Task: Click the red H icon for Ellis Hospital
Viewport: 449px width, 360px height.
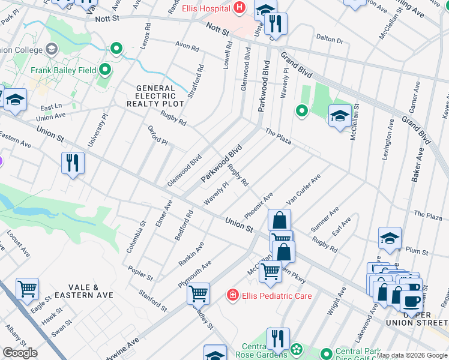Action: click(240, 9)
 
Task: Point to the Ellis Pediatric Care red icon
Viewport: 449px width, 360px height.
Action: click(232, 295)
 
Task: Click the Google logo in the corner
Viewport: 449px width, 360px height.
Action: click(20, 353)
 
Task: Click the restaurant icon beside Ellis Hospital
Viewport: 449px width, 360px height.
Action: click(276, 23)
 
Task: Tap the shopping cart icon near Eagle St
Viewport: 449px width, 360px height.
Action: click(28, 290)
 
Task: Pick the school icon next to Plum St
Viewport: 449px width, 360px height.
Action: click(390, 238)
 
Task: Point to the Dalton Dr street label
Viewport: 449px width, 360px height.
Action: click(331, 40)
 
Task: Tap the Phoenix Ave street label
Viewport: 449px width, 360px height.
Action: click(259, 206)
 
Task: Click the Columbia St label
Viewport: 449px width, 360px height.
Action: click(142, 235)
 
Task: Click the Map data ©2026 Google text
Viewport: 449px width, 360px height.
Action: click(412, 355)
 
